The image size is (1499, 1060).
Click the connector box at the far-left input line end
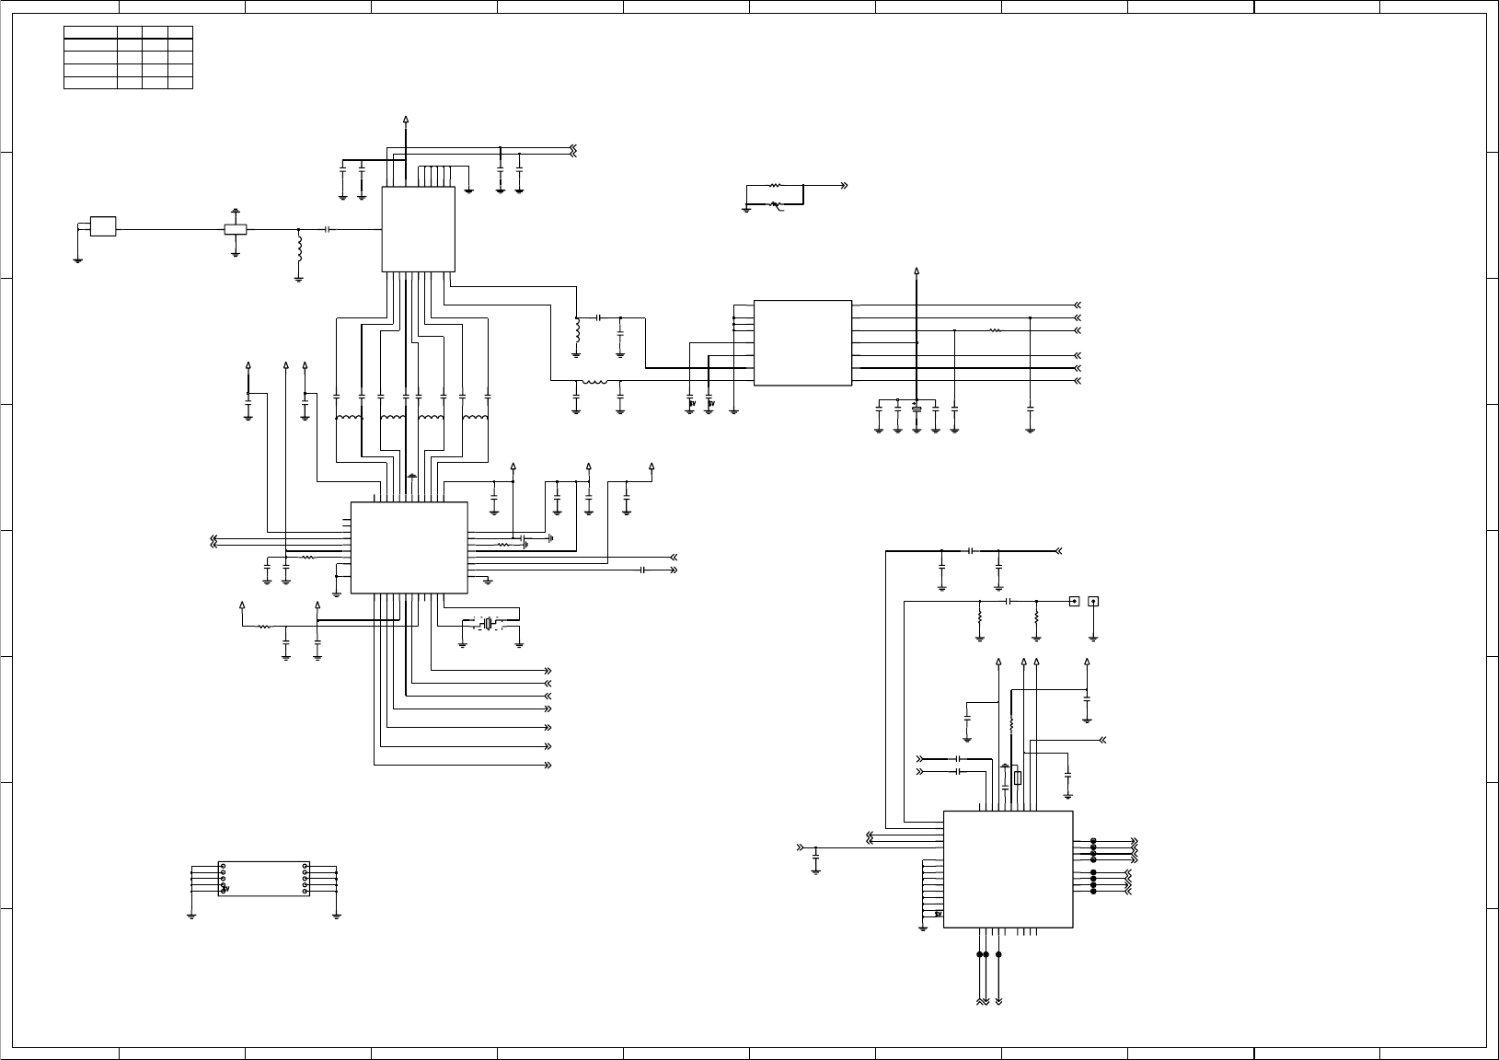(x=102, y=226)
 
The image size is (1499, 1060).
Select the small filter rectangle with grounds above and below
(x=236, y=228)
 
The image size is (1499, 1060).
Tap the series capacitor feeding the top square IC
(x=327, y=228)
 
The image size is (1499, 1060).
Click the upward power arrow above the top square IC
(x=407, y=121)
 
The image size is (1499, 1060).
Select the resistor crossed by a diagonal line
(x=775, y=203)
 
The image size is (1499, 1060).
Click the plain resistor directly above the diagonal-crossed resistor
(x=775, y=186)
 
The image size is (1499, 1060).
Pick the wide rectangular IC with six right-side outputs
(x=802, y=342)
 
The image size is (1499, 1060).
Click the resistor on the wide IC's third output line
(x=994, y=329)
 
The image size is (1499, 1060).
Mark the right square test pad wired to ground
(x=1093, y=602)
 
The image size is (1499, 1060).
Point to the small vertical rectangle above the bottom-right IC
(x=1017, y=779)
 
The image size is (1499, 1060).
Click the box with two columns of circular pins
(x=263, y=879)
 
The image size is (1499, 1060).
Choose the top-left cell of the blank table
(x=91, y=31)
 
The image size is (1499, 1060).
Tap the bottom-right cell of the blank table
(x=181, y=83)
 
